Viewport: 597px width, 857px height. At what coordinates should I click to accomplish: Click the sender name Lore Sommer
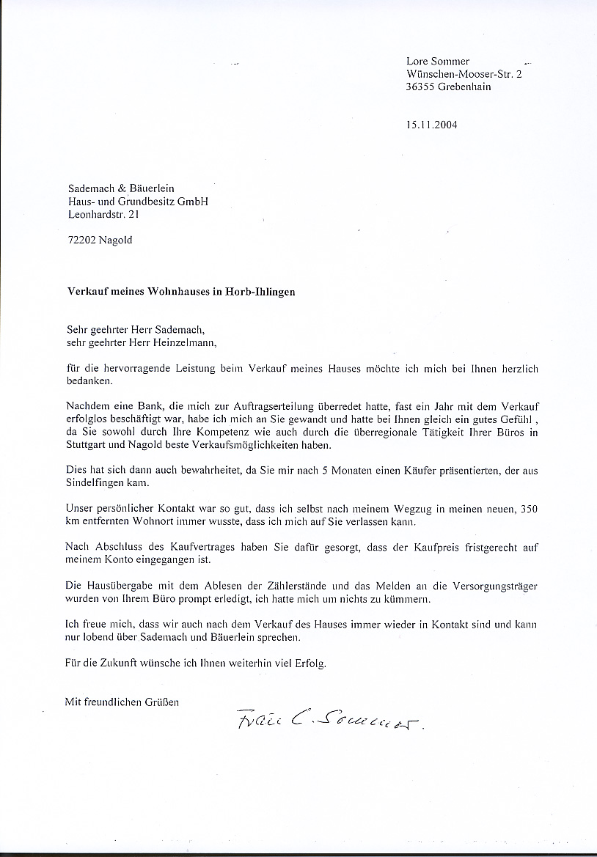[438, 62]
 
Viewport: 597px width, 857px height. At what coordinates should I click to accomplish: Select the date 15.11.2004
[431, 125]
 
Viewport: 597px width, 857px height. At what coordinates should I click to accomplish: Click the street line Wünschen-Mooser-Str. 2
[464, 74]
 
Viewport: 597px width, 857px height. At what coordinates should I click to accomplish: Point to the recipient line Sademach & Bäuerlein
[120, 188]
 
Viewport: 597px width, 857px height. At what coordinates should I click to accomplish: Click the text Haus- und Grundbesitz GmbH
[137, 202]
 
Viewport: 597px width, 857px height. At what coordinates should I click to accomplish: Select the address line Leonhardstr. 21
[102, 215]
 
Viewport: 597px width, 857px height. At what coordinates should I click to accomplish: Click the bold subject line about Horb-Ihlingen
[180, 291]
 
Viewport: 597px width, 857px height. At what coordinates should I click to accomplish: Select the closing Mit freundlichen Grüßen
[122, 702]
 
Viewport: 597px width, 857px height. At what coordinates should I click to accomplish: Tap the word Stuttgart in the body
[87, 446]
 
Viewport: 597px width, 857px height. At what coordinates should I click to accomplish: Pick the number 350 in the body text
[529, 510]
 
